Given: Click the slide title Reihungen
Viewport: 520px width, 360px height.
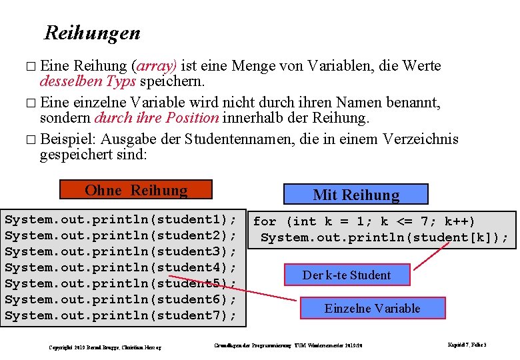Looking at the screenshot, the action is point(92,33).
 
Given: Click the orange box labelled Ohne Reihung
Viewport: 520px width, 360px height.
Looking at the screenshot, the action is point(136,190).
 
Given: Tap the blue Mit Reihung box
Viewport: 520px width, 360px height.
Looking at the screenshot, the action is point(355,195).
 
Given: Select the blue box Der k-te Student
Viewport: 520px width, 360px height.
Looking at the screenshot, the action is point(347,275).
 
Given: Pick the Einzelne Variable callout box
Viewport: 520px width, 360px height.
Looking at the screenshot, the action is point(372,308).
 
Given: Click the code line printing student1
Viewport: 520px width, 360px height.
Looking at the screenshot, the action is point(121,219).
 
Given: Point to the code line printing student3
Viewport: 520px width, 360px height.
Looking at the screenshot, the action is point(121,251).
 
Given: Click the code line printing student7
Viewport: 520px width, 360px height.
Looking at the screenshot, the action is point(121,315).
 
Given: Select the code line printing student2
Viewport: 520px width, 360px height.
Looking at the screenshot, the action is point(121,235).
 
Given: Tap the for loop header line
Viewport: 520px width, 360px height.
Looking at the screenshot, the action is point(364,221).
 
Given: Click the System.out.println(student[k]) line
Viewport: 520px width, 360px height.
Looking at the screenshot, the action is point(384,237).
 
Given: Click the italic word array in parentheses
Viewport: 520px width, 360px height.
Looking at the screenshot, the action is point(154,66).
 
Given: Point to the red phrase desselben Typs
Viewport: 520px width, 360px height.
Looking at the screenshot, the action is point(88,81).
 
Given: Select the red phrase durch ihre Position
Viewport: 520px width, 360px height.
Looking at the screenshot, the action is point(157,118).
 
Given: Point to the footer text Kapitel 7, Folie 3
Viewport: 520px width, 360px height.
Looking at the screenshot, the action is point(467,345).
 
